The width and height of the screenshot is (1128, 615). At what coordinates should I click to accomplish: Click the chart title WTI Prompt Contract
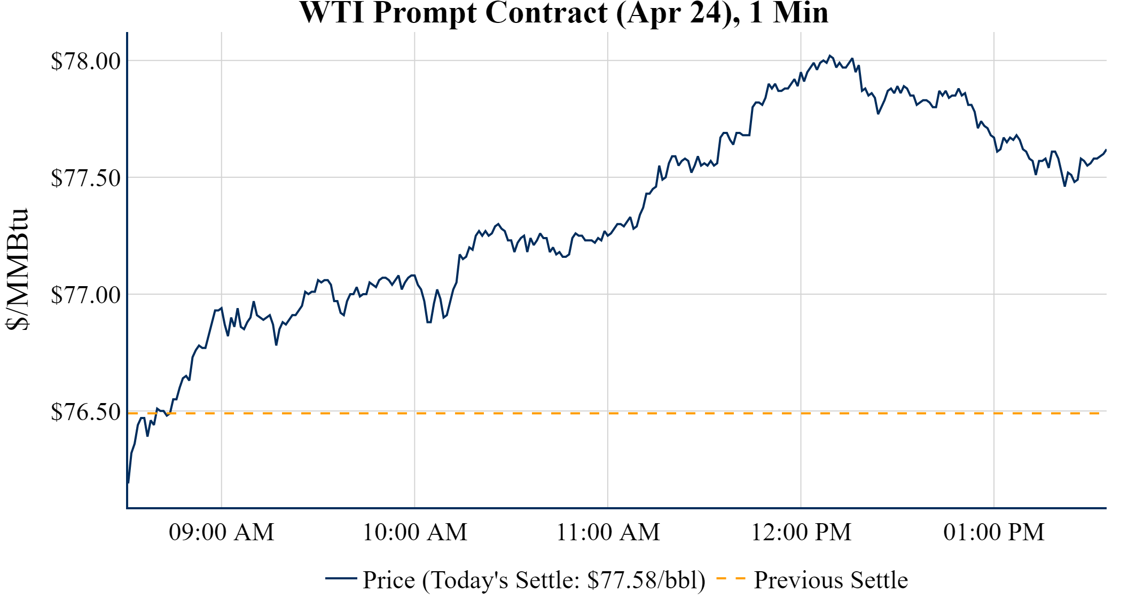pos(563,13)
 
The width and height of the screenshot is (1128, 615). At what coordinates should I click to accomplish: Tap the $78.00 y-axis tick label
pos(85,61)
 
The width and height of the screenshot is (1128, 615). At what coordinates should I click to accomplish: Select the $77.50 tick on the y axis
pos(85,178)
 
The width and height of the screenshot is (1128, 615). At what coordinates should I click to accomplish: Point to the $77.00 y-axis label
pos(85,295)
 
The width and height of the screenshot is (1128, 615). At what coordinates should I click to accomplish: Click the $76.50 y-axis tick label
pos(85,412)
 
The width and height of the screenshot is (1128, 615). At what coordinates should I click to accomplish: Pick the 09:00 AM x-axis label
pos(222,532)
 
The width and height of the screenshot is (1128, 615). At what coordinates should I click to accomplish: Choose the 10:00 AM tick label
pos(415,532)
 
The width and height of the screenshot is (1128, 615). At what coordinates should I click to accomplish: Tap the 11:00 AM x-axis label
pos(608,532)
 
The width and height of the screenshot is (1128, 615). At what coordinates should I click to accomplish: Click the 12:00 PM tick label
pos(801,532)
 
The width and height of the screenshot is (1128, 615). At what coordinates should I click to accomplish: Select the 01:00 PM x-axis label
pos(994,532)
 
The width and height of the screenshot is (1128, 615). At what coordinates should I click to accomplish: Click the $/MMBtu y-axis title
pos(18,270)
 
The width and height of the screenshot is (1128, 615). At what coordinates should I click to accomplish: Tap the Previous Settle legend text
pos(831,580)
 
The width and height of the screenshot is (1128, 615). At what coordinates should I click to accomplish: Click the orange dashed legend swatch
pos(731,578)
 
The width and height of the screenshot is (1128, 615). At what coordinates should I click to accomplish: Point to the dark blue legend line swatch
pos(341,578)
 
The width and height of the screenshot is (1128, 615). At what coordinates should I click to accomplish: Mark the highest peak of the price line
pos(829,56)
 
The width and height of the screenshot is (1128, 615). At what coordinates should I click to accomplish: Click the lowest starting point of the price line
pos(128,483)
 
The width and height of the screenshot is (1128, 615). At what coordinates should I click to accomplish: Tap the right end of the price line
pos(1106,150)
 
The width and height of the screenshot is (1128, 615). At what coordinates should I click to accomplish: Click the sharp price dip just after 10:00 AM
pos(429,322)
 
